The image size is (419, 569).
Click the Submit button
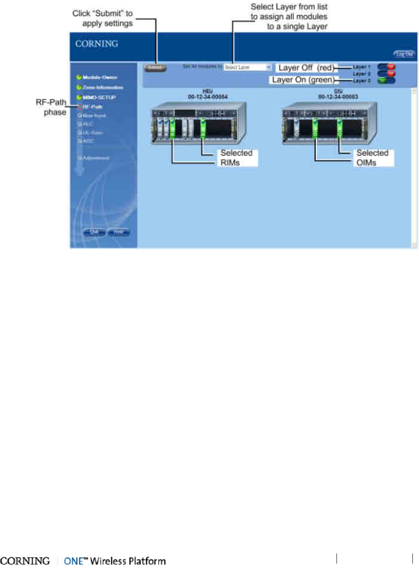pyautogui.click(x=155, y=67)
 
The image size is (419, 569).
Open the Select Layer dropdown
pyautogui.click(x=247, y=67)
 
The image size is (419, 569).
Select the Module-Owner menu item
pyautogui.click(x=99, y=77)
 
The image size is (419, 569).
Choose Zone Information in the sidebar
pyautogui.click(x=102, y=87)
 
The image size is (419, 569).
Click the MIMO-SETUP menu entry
pyautogui.click(x=99, y=97)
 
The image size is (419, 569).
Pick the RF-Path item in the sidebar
pyautogui.click(x=92, y=106)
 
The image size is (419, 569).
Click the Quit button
pyautogui.click(x=94, y=232)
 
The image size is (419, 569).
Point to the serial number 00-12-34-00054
pyautogui.click(x=208, y=97)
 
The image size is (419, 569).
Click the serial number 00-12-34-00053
pyautogui.click(x=338, y=97)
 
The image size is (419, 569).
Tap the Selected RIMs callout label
pyautogui.click(x=236, y=158)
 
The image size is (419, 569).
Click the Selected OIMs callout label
pyautogui.click(x=372, y=158)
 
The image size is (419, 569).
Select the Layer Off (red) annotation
pyautogui.click(x=305, y=68)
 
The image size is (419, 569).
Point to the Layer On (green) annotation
pyautogui.click(x=303, y=80)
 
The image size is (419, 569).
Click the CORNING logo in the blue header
pyautogui.click(x=96, y=44)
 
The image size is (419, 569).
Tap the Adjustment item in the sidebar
pyautogui.click(x=95, y=158)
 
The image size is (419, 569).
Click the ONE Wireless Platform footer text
pyautogui.click(x=115, y=561)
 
